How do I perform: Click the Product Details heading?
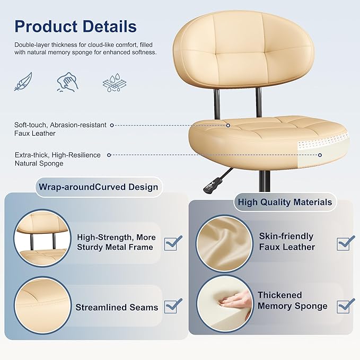pyautogui.click(x=75, y=27)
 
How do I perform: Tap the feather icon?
pyautogui.click(x=23, y=82)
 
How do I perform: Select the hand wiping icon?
pyautogui.click(x=67, y=82)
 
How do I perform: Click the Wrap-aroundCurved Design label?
pyautogui.click(x=98, y=187)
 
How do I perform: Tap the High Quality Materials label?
pyautogui.click(x=285, y=201)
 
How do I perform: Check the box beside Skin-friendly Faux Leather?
pyautogui.click(x=345, y=243)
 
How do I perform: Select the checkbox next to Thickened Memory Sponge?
pyautogui.click(x=345, y=305)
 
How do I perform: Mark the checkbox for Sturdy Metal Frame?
pyautogui.click(x=172, y=243)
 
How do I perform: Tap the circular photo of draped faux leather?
pyautogui.click(x=224, y=243)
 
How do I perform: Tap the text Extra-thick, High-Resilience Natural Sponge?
pyautogui.click(x=57, y=159)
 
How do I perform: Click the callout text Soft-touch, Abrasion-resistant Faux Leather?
pyautogui.click(x=60, y=129)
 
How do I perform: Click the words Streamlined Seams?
pyautogui.click(x=117, y=307)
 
